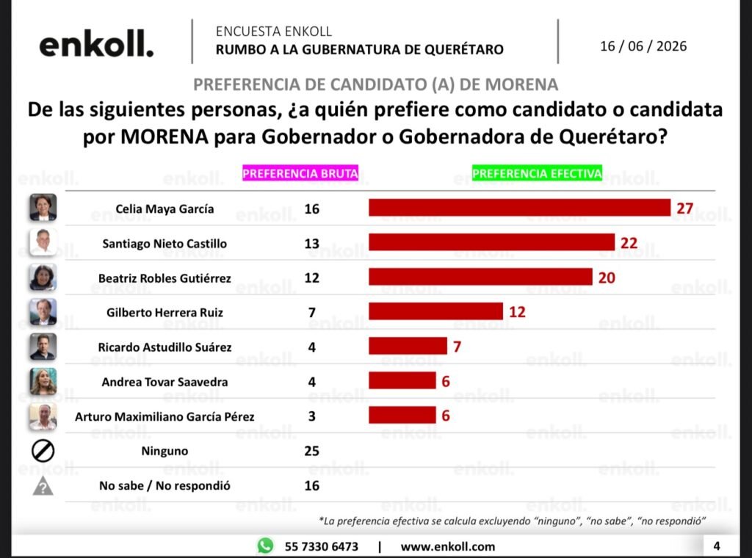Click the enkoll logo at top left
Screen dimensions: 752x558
click(96, 44)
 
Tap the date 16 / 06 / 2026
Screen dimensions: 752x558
click(643, 46)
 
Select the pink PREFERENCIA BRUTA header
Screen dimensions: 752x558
click(300, 173)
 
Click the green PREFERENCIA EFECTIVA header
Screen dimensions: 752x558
click(537, 173)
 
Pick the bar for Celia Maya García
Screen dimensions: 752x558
click(519, 208)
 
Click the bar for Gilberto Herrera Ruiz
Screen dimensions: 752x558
click(435, 311)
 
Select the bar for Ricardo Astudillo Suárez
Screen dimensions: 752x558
click(408, 346)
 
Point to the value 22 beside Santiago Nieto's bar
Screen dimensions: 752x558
click(629, 243)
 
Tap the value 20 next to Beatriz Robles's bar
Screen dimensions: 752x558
click(607, 278)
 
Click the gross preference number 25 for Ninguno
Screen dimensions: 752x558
click(311, 451)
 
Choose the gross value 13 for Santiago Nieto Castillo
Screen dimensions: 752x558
click(311, 244)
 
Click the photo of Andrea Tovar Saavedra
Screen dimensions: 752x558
click(43, 381)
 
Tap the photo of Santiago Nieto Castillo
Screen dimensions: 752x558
click(43, 242)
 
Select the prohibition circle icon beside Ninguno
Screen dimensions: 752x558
click(43, 451)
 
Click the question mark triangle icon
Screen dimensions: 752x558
click(43, 486)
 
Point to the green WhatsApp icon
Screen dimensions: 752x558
click(265, 546)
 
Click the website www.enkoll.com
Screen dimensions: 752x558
click(447, 546)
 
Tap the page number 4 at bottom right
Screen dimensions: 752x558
click(717, 546)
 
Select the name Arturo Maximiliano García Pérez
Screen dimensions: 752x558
click(164, 416)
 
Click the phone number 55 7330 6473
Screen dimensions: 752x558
click(322, 546)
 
